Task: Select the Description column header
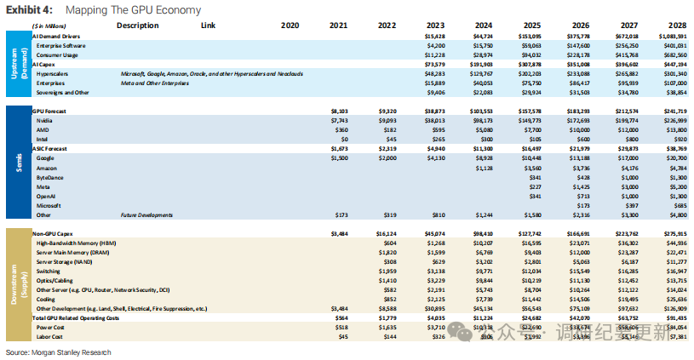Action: tap(137, 26)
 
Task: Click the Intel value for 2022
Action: tap(388, 139)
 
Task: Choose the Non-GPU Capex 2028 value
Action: tap(673, 231)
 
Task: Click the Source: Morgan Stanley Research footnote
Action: tap(58, 352)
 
